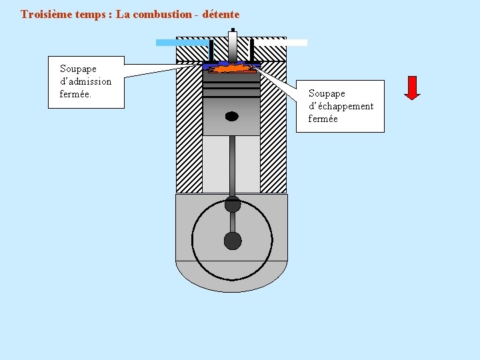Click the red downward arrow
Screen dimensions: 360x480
412,87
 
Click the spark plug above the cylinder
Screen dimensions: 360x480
232,45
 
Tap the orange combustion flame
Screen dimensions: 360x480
231,68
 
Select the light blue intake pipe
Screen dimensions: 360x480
181,43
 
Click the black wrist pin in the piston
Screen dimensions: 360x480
231,117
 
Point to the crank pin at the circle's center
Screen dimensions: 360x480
232,240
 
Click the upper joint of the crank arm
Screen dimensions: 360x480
232,204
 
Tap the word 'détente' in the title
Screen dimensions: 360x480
221,14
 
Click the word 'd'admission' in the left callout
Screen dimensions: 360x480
85,81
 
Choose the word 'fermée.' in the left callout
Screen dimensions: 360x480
75,94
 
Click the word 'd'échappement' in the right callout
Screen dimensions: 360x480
341,106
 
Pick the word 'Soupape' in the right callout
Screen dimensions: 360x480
327,93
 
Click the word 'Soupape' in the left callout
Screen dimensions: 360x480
78,69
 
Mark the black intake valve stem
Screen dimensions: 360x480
211,50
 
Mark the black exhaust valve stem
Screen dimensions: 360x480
251,50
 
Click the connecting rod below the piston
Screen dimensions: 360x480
232,167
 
